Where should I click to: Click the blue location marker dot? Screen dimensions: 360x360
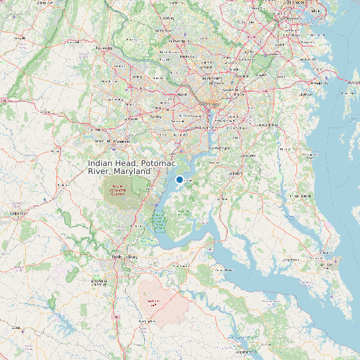tap(179, 179)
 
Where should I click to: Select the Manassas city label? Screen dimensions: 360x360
tap(121, 141)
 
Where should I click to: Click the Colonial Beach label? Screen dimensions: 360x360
tap(222, 270)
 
